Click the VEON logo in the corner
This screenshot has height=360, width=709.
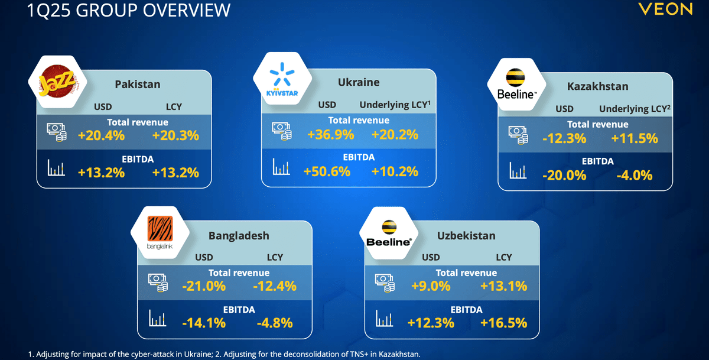[x=665, y=9]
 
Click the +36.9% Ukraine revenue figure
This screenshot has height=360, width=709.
[x=330, y=134]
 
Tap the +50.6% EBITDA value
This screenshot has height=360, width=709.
[x=327, y=171]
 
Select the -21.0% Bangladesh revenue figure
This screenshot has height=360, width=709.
[x=204, y=286]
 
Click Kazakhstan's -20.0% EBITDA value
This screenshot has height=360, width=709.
[x=564, y=175]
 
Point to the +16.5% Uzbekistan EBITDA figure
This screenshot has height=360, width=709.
[x=503, y=323]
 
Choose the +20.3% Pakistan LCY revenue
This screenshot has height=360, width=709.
[x=175, y=135]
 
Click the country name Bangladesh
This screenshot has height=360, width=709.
[x=239, y=236]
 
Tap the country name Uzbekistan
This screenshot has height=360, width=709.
[x=466, y=236]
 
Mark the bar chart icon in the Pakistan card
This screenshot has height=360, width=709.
[x=56, y=168]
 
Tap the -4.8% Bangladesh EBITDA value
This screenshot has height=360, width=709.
[x=275, y=323]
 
